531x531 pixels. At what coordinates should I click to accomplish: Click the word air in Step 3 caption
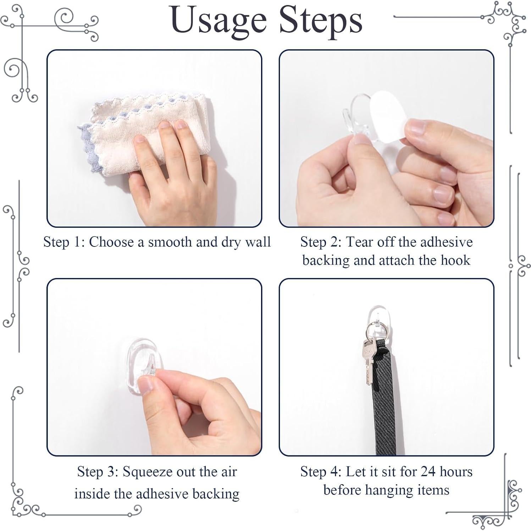[229, 472]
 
